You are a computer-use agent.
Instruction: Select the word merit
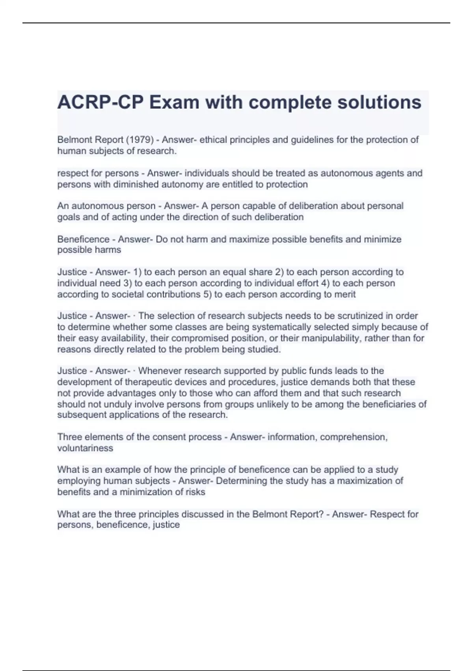(x=345, y=294)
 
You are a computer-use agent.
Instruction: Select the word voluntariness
(x=85, y=448)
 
